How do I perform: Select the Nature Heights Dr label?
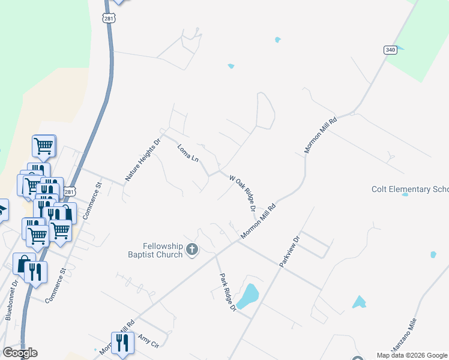pos(135,160)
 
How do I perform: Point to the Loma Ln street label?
pos(188,152)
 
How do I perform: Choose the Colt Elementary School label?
pos(410,190)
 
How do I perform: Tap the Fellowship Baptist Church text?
pos(162,250)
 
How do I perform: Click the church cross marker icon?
pos(192,250)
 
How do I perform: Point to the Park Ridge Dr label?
pos(228,293)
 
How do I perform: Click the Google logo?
pos(20,353)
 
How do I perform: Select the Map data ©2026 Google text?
pos(412,355)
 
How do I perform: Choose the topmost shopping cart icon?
pos(44,145)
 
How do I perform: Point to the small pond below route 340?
pos(277,40)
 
